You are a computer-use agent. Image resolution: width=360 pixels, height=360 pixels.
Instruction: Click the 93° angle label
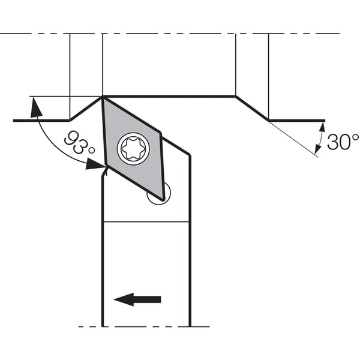pyautogui.click(x=79, y=142)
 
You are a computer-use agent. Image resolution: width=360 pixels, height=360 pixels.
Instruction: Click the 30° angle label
pyautogui.click(x=343, y=142)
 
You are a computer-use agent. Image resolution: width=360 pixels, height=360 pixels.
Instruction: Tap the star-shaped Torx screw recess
pyautogui.click(x=133, y=149)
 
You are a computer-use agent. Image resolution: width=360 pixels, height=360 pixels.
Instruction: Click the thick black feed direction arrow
pyautogui.click(x=137, y=299)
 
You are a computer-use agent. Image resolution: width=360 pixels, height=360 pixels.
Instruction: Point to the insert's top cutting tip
pyautogui.click(x=103, y=97)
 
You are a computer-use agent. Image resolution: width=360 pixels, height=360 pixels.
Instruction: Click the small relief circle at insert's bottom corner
pyautogui.click(x=159, y=193)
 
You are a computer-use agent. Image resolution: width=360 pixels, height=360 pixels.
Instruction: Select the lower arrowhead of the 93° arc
pyautogui.click(x=95, y=164)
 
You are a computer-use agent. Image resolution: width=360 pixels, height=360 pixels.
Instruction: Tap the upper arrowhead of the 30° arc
pyautogui.click(x=322, y=127)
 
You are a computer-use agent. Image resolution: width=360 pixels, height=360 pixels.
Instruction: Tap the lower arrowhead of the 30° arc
pyautogui.click(x=318, y=149)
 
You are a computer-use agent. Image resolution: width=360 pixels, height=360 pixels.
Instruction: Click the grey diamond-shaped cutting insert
pyautogui.click(x=134, y=149)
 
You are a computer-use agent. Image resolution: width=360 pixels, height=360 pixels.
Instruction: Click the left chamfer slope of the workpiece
pyautogui.click(x=86, y=109)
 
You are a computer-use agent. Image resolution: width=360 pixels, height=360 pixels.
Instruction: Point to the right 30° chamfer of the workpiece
pyautogui.click(x=252, y=108)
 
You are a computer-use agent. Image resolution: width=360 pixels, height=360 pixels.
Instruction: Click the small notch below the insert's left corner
pyautogui.click(x=104, y=172)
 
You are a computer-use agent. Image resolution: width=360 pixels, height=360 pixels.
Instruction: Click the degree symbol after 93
pyautogui.click(x=92, y=151)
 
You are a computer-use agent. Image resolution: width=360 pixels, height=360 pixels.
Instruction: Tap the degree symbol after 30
pyautogui.click(x=355, y=137)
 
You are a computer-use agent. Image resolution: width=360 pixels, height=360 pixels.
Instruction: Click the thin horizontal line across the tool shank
pyautogui.click(x=146, y=222)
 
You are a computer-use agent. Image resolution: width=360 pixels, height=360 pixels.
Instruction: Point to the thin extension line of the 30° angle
pyautogui.click(x=293, y=139)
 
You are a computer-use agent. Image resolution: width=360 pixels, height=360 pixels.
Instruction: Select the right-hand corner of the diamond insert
pyautogui.click(x=160, y=133)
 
